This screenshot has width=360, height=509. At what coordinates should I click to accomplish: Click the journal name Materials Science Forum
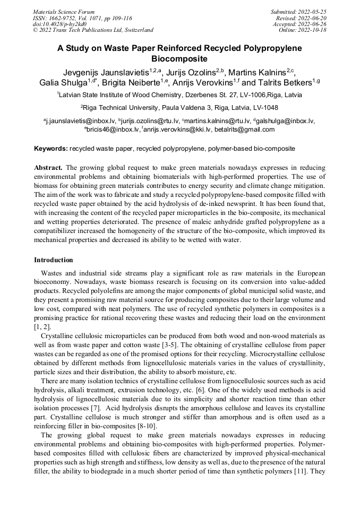pos(64,11)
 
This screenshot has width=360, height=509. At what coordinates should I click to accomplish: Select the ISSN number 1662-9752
pos(67,18)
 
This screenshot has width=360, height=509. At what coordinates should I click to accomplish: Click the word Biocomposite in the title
pos(179,59)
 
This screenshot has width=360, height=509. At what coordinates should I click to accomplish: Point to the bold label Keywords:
pos(50,149)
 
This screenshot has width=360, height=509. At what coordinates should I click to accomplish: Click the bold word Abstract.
pos(49,167)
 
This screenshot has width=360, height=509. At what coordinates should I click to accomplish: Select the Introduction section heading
pos(54,261)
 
